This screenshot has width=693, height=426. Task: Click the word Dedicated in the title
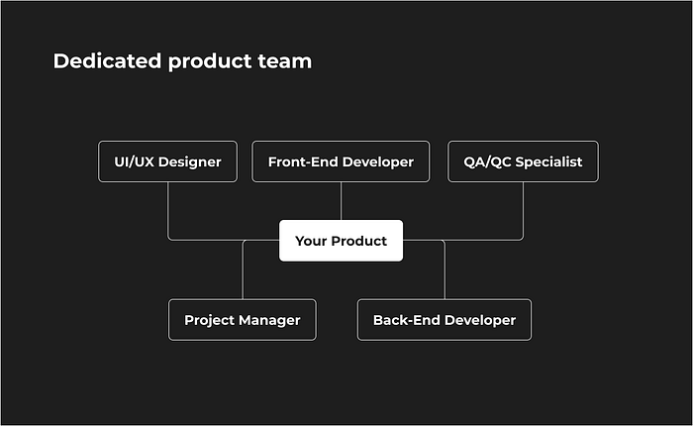(x=107, y=61)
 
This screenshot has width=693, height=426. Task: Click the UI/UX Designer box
(x=167, y=161)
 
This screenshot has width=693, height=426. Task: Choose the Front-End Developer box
(x=341, y=161)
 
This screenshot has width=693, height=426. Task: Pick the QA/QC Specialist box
(x=523, y=161)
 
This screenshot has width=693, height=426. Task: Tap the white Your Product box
(x=341, y=241)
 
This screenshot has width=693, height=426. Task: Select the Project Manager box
(x=243, y=320)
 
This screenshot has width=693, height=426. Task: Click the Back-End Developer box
(x=445, y=320)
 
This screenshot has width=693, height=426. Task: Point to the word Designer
(x=190, y=162)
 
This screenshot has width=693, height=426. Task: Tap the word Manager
(x=268, y=321)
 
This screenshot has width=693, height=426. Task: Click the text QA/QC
(x=487, y=162)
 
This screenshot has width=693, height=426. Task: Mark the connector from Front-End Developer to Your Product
(x=341, y=201)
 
